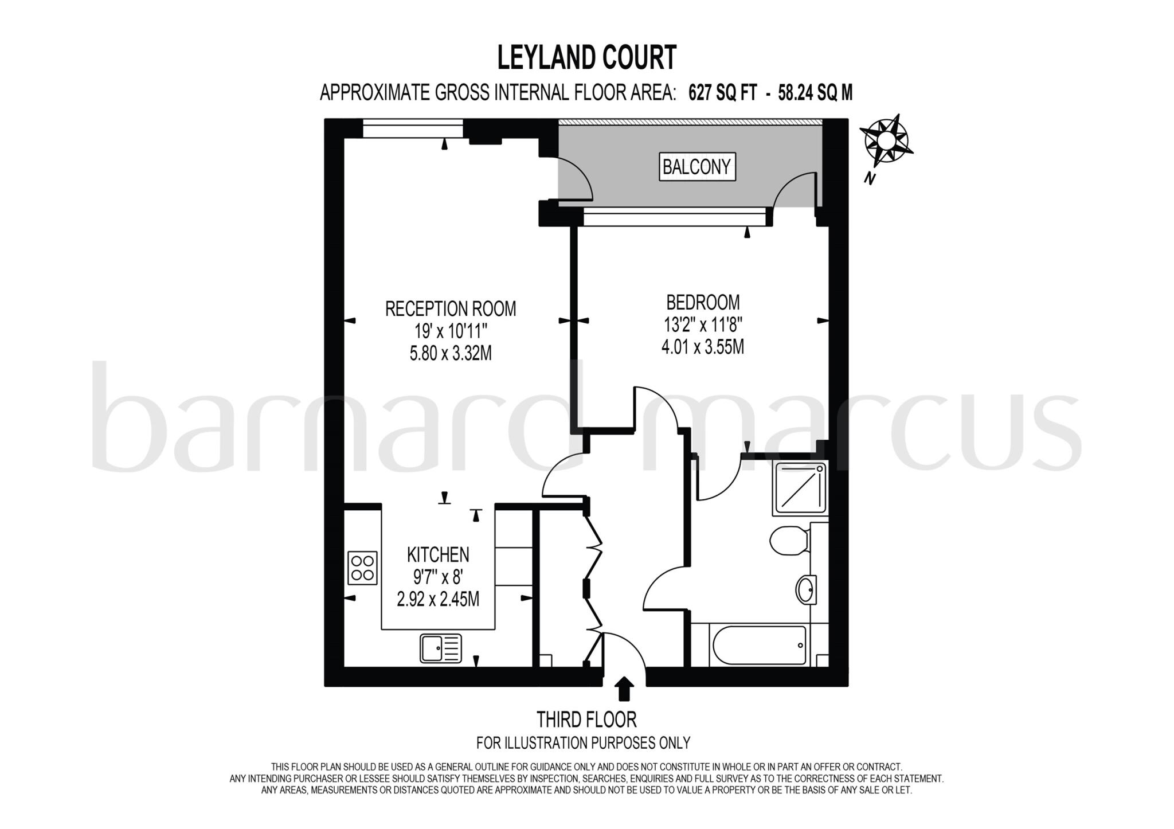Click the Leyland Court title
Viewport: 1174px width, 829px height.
point(586,58)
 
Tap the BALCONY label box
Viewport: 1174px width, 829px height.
point(696,167)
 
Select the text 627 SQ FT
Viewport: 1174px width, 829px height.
point(722,93)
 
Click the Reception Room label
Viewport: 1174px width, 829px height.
point(450,309)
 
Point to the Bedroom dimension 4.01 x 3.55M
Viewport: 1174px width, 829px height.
point(702,347)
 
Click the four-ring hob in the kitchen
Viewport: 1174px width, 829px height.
point(362,568)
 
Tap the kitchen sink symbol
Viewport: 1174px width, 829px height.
point(440,648)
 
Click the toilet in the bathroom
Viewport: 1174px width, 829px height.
point(788,541)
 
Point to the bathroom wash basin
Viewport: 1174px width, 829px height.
point(805,589)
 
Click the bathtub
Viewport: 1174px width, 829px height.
point(758,646)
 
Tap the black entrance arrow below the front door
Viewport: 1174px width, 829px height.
point(624,688)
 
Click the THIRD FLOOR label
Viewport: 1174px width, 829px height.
point(586,719)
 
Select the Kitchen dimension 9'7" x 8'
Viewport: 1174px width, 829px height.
point(438,577)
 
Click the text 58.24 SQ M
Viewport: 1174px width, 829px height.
point(815,93)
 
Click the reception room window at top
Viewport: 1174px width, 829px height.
point(413,128)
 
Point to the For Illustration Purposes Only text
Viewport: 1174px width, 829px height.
point(583,743)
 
